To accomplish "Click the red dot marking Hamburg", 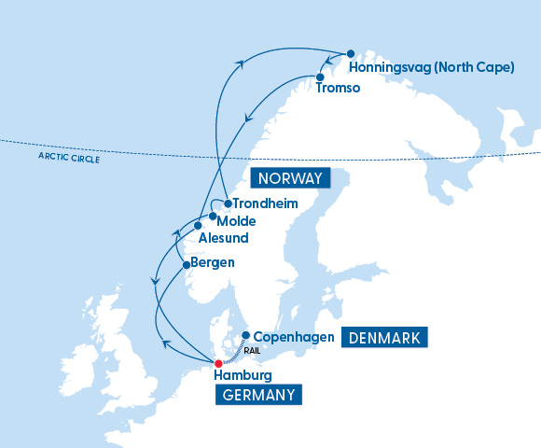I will (x=218, y=363).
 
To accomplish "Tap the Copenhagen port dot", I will (x=245, y=335).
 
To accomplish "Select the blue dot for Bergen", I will (x=187, y=264).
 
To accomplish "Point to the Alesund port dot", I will (x=198, y=225).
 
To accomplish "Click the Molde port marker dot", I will (x=213, y=216).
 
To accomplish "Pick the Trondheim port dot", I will (x=228, y=203).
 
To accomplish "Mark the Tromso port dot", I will (x=319, y=77).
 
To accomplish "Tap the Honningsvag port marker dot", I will (x=350, y=53).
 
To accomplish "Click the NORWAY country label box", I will (x=291, y=178).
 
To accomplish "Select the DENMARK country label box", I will (x=385, y=338).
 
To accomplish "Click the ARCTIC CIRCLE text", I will (x=69, y=159).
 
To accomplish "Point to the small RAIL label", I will (x=251, y=351).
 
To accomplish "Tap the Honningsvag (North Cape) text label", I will (x=430, y=68).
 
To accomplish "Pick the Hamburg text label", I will (x=243, y=375).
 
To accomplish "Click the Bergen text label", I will (x=212, y=263).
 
